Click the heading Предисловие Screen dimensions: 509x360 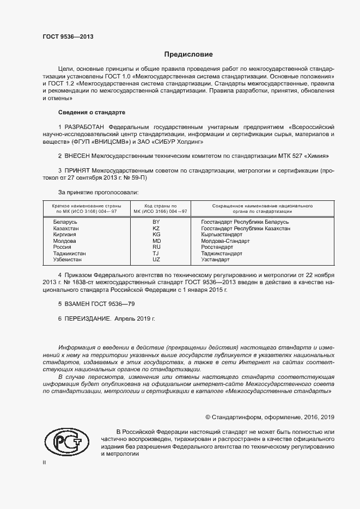(x=189, y=54)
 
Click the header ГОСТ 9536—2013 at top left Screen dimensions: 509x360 (x=68, y=38)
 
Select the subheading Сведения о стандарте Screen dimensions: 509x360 (x=92, y=112)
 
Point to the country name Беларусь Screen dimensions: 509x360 (x=65, y=222)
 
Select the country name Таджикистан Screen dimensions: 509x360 (x=69, y=254)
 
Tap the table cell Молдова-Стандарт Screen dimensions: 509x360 (x=225, y=241)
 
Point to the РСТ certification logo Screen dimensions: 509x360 (x=66, y=441)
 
